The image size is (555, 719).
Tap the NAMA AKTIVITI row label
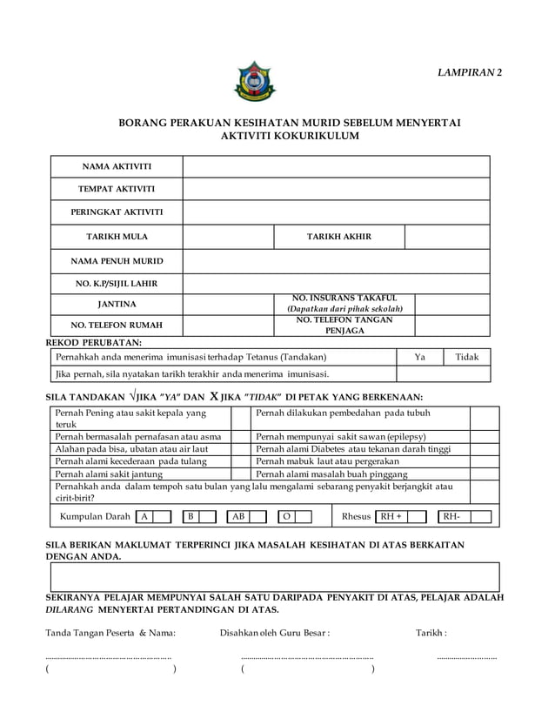(x=117, y=166)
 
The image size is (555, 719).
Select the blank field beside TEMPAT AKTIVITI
(x=336, y=189)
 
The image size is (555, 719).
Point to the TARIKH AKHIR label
(x=339, y=236)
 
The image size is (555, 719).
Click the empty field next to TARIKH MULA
(x=228, y=236)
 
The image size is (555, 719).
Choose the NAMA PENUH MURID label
(x=117, y=260)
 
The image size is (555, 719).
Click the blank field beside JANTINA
(x=228, y=304)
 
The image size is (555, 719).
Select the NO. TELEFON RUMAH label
(x=117, y=326)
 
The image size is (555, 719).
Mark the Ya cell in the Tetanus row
(x=420, y=357)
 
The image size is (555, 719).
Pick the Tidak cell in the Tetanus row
(x=467, y=357)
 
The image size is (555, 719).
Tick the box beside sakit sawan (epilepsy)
(x=484, y=436)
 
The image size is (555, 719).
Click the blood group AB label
(x=237, y=516)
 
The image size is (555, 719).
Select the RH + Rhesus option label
(x=391, y=516)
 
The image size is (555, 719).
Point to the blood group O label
(x=285, y=516)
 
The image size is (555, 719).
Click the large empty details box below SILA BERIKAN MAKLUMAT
(x=275, y=576)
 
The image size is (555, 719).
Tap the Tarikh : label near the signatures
(x=432, y=633)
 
